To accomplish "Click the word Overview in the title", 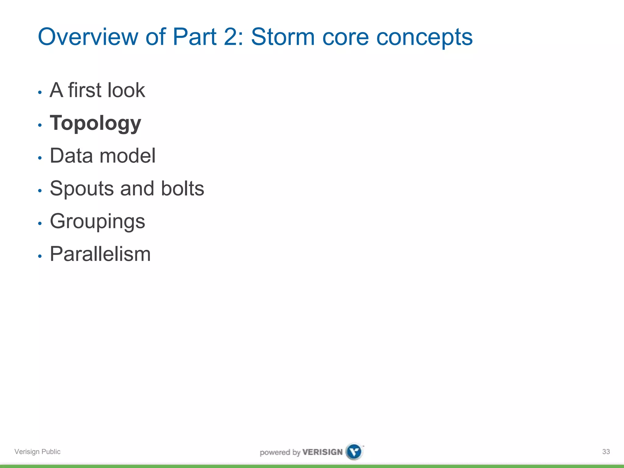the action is (x=88, y=37).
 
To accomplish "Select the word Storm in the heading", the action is (x=282, y=37).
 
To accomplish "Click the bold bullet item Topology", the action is (x=95, y=123).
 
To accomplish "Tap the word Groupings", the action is (x=97, y=222).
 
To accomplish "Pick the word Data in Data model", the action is (x=71, y=156).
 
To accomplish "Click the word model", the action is (x=128, y=156).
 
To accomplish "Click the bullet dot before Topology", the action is (x=40, y=125).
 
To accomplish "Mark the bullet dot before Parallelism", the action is (x=40, y=256).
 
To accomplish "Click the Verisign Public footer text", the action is (x=37, y=452).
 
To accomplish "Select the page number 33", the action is (x=606, y=452).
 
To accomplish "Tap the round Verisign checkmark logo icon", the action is (x=354, y=452).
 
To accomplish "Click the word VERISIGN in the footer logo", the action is (x=322, y=452).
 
